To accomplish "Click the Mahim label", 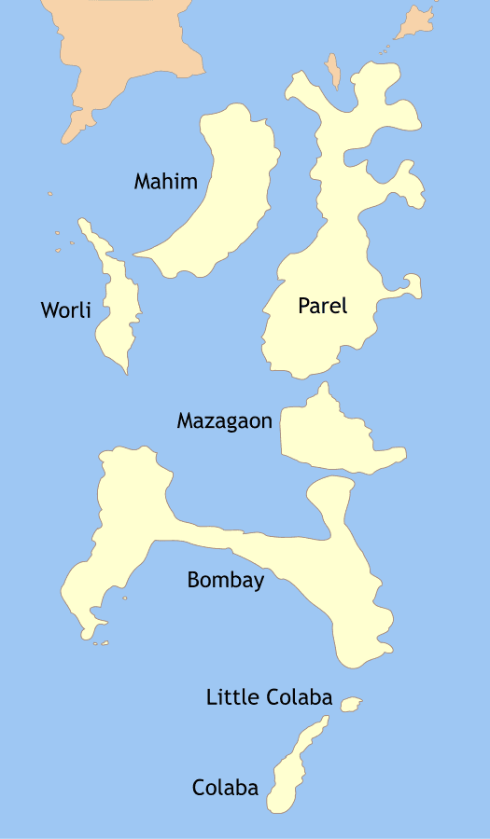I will click(165, 181).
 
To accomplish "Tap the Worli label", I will click(65, 309).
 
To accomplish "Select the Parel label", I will click(322, 305).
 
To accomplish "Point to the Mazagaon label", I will click(224, 421).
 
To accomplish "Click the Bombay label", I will click(225, 580).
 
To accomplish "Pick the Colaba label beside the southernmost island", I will click(225, 788).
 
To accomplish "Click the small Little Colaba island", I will click(351, 704).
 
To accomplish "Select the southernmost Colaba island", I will click(289, 774).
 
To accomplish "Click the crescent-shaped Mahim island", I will click(233, 196).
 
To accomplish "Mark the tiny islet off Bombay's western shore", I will click(124, 598).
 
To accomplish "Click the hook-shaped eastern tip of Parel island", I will click(412, 283).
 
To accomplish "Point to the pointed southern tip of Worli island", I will click(126, 370).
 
